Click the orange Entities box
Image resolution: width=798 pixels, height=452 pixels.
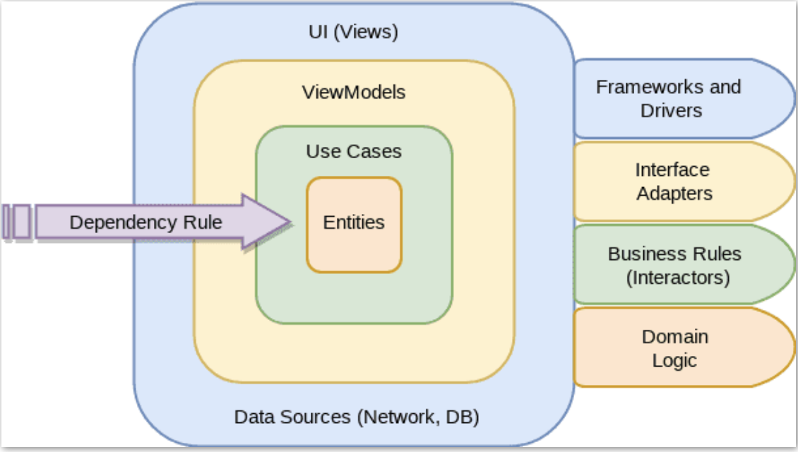point(354,225)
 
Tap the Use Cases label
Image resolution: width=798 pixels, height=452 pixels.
point(354,151)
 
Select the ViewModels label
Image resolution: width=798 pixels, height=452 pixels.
point(354,93)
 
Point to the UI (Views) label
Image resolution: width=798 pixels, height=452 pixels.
point(354,32)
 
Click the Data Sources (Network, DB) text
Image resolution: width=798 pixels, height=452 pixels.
point(357,417)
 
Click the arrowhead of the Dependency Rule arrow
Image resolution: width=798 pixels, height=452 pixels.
point(268,222)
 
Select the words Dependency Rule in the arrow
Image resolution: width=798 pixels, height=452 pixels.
point(145,222)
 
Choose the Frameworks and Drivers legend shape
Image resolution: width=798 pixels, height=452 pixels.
point(678,98)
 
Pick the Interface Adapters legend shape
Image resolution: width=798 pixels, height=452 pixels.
point(678,182)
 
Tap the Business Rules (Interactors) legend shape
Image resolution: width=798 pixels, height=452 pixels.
point(678,265)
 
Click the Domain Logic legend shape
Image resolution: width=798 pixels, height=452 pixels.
point(678,348)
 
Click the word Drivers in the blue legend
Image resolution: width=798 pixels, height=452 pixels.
point(671,111)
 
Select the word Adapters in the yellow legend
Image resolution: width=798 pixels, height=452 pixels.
point(674,194)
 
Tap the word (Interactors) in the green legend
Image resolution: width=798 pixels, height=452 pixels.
point(678,278)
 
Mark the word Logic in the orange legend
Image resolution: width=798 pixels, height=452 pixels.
point(674,360)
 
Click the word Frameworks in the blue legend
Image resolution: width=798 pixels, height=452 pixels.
point(636,87)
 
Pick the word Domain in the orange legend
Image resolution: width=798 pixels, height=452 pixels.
point(674,337)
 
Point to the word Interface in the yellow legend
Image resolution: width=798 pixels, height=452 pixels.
point(672,169)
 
